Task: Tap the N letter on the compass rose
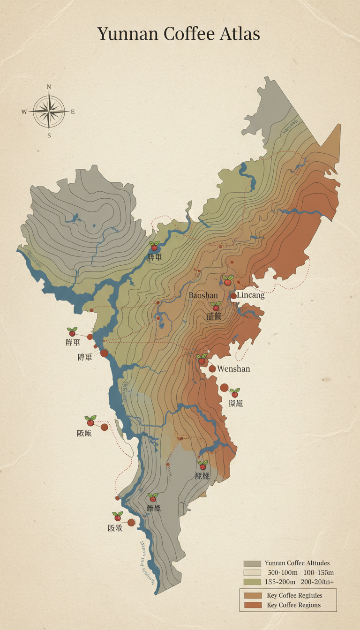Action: coord(49,87)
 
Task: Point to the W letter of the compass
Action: coord(24,112)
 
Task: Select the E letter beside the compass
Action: coord(73,112)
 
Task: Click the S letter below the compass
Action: coord(49,135)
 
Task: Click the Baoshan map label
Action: coord(203,295)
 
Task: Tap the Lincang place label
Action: coord(251,295)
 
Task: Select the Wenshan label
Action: coord(233,369)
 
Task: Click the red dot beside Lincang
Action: coord(233,296)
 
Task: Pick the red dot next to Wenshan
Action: coord(212,369)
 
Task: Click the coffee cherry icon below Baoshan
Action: coord(216,307)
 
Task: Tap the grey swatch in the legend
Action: coord(252,563)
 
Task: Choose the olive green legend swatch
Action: coord(252,582)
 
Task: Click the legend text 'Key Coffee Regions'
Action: coord(293,605)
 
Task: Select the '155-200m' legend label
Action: coord(280,582)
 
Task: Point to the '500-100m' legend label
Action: coord(282,573)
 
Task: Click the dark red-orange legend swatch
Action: coord(252,605)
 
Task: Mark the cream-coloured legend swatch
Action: coord(252,573)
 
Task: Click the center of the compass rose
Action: coord(49,112)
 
